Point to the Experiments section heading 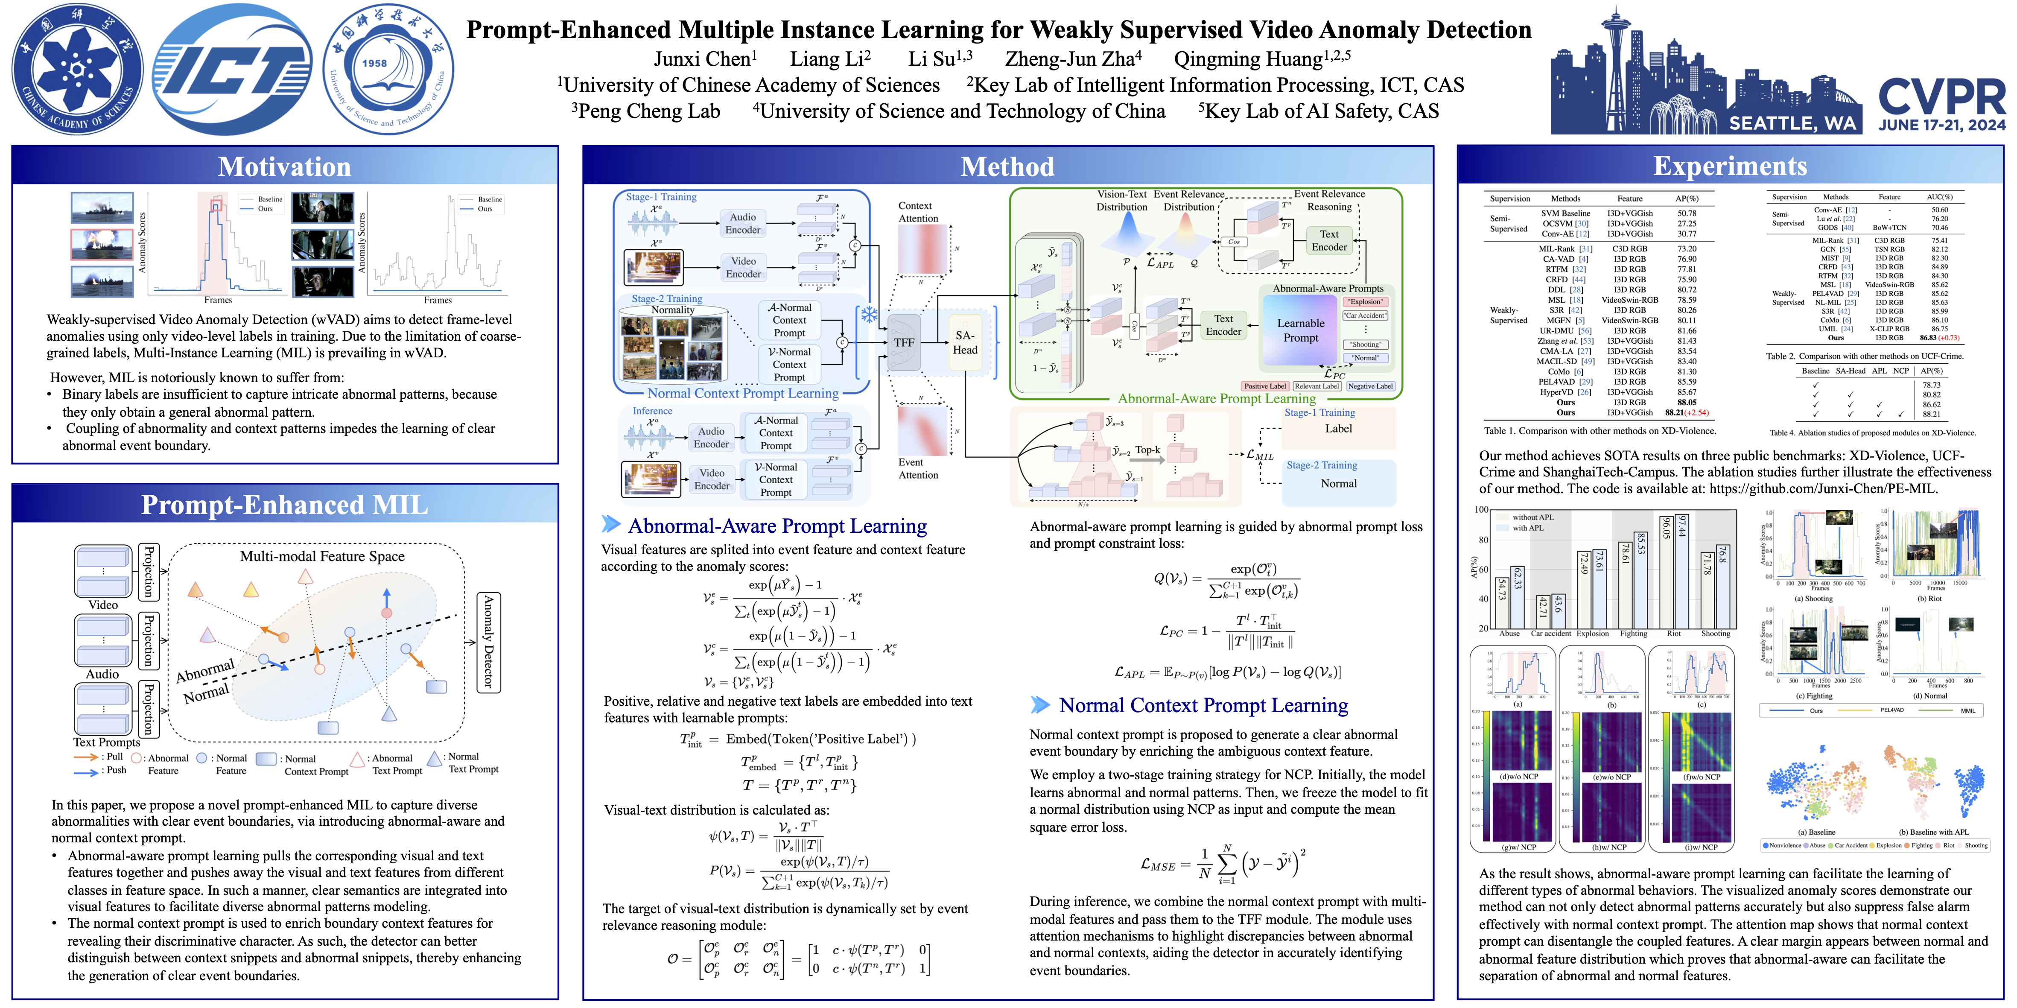click(1730, 166)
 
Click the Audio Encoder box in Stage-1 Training click(742, 223)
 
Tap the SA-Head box click(965, 342)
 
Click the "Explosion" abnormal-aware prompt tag click(1366, 301)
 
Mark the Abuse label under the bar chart click(1509, 634)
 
